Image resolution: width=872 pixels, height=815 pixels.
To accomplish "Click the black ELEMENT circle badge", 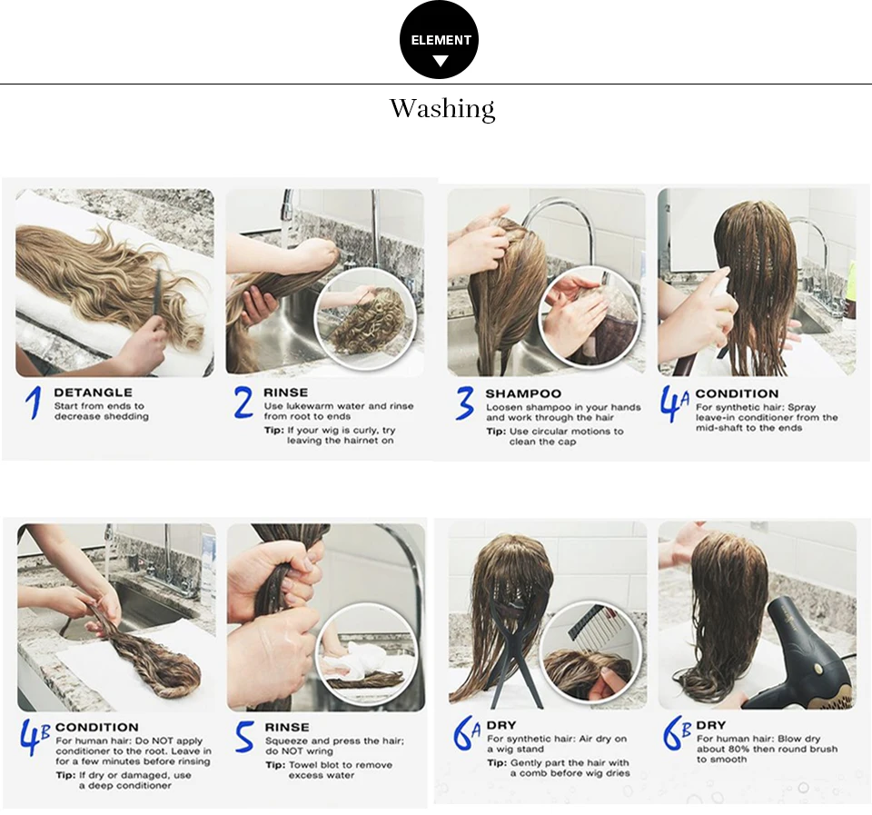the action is click(440, 40).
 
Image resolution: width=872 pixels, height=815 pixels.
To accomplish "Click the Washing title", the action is click(442, 108).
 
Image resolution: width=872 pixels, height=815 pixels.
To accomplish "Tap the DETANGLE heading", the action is click(94, 393).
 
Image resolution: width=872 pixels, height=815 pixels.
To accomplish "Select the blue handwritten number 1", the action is click(34, 403).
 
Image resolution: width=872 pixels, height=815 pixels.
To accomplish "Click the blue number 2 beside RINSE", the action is click(243, 403).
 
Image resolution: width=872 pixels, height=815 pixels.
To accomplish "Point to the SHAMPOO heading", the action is click(523, 393).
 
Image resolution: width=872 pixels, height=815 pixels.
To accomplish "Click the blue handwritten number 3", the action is click(464, 403).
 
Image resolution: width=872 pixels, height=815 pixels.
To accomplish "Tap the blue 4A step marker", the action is click(675, 404).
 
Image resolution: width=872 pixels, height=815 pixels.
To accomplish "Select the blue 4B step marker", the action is click(35, 737).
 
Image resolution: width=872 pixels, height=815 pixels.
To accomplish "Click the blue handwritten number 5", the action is click(243, 737).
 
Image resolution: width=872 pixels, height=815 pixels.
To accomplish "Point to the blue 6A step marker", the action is click(466, 733).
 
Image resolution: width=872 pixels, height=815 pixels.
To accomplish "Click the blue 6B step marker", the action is click(676, 733).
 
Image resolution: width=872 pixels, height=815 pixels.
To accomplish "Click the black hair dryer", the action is click(807, 655).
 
